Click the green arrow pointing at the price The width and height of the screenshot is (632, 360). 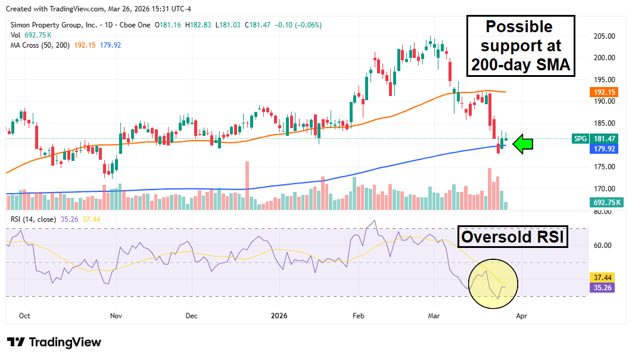tap(522, 144)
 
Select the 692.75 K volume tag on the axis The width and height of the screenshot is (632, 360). tap(607, 203)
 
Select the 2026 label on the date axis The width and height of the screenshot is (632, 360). tap(279, 316)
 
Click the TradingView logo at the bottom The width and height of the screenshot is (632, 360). tap(54, 342)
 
